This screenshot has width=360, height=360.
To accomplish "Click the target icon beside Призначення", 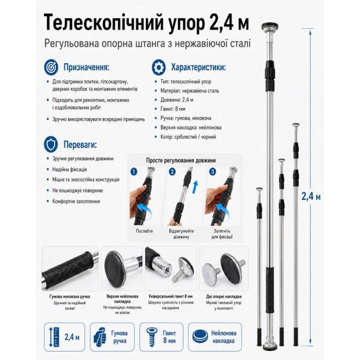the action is coord(51,67).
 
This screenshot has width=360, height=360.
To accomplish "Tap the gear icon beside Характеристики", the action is coord(158,67).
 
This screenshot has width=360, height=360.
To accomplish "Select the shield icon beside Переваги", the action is coord(51,145).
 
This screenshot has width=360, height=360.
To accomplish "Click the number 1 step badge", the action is coord(134,172).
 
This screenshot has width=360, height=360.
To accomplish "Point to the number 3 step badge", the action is coord(212,172).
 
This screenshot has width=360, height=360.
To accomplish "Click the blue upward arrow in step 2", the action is coord(195,187).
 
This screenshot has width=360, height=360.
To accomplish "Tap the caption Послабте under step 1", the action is coord(144,231).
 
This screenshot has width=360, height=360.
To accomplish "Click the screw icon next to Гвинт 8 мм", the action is coord(152,337).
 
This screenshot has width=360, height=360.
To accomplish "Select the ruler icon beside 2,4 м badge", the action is coord(54,337).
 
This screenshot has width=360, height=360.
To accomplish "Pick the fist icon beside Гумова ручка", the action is coord(100,337).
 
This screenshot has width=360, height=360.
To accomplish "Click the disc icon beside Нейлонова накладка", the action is coord(200,337).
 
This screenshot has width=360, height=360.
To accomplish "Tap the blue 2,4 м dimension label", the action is coord(311,196).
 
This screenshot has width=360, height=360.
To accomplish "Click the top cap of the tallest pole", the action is coord(270,25).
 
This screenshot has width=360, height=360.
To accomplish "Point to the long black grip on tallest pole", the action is coord(270,290).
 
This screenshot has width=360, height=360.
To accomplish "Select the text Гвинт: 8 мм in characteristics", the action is coord(173,109).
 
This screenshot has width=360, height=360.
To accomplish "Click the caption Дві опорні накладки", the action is coord(224,296).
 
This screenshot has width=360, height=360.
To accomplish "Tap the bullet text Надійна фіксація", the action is coord(70,169).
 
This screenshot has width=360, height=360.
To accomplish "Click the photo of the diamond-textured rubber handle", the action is coord(70,269).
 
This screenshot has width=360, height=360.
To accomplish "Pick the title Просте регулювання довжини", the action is coord(181,160).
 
